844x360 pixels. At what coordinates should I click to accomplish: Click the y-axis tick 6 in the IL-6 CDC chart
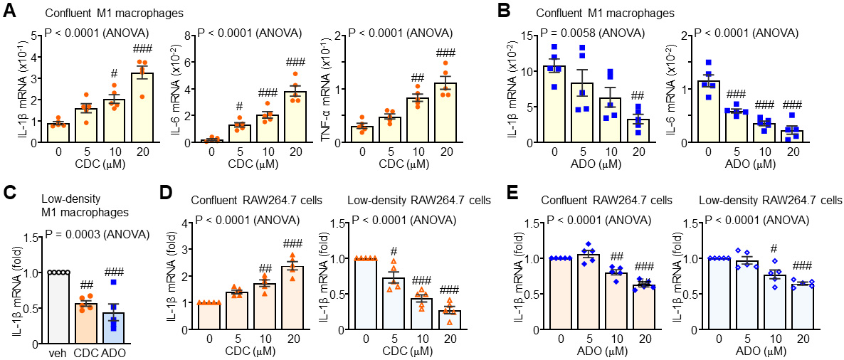pos(191,62)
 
